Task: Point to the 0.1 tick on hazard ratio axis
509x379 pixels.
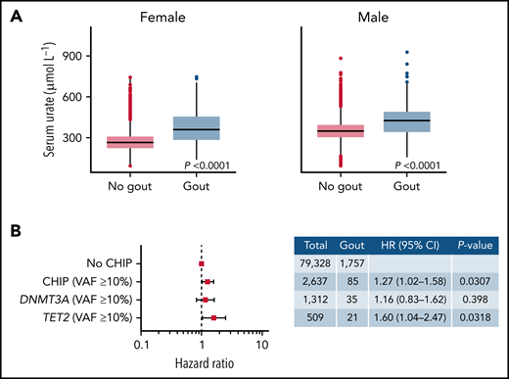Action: [143, 345]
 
